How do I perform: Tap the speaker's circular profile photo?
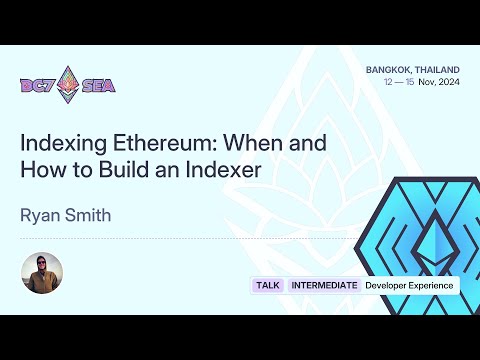[x=42, y=273]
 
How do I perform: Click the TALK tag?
[x=267, y=286]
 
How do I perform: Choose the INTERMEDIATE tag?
[x=324, y=286]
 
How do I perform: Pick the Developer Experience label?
[x=409, y=286]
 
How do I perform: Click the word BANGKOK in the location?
[x=386, y=69]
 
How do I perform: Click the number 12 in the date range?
[x=388, y=82]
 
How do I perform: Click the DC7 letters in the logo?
[x=37, y=85]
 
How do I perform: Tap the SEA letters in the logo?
[x=98, y=85]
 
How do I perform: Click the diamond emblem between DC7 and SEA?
[x=68, y=84]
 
